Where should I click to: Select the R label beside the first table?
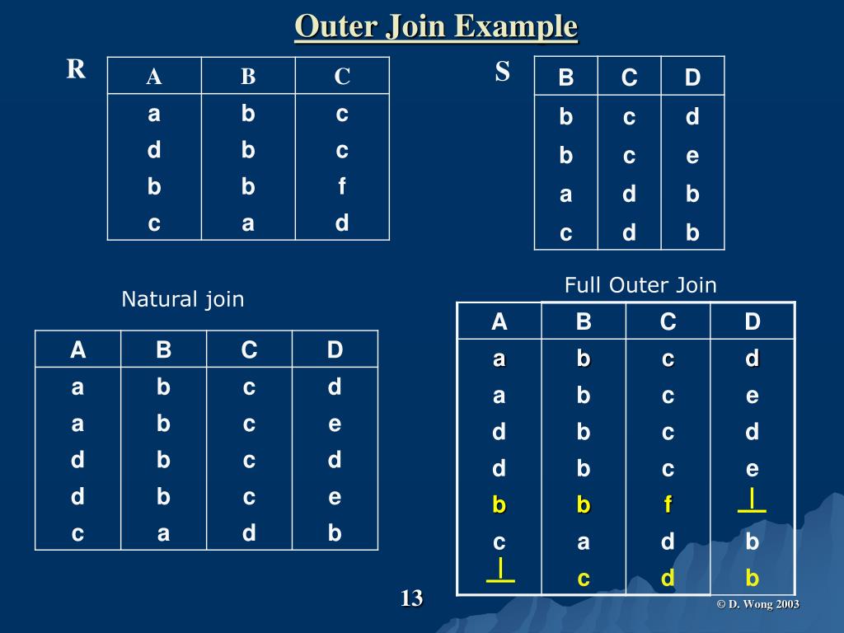[x=76, y=69]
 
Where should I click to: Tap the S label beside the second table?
[x=503, y=72]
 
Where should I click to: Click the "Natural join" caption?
[x=183, y=298]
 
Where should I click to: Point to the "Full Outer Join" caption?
[x=640, y=285]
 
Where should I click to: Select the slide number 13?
[x=411, y=598]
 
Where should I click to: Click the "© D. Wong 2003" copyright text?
[x=757, y=604]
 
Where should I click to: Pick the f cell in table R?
[x=342, y=187]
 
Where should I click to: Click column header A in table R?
[x=154, y=77]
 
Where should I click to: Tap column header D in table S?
[x=692, y=78]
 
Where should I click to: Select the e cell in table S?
[x=692, y=156]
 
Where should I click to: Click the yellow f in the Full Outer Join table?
[x=668, y=505]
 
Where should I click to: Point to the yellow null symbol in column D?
[x=752, y=501]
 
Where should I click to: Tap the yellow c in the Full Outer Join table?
[x=584, y=579]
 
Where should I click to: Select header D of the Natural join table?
[x=335, y=350]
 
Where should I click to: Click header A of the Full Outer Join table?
[x=499, y=321]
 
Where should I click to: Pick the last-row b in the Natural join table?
[x=335, y=533]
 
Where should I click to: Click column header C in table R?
[x=342, y=77]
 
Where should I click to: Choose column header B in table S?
[x=566, y=78]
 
